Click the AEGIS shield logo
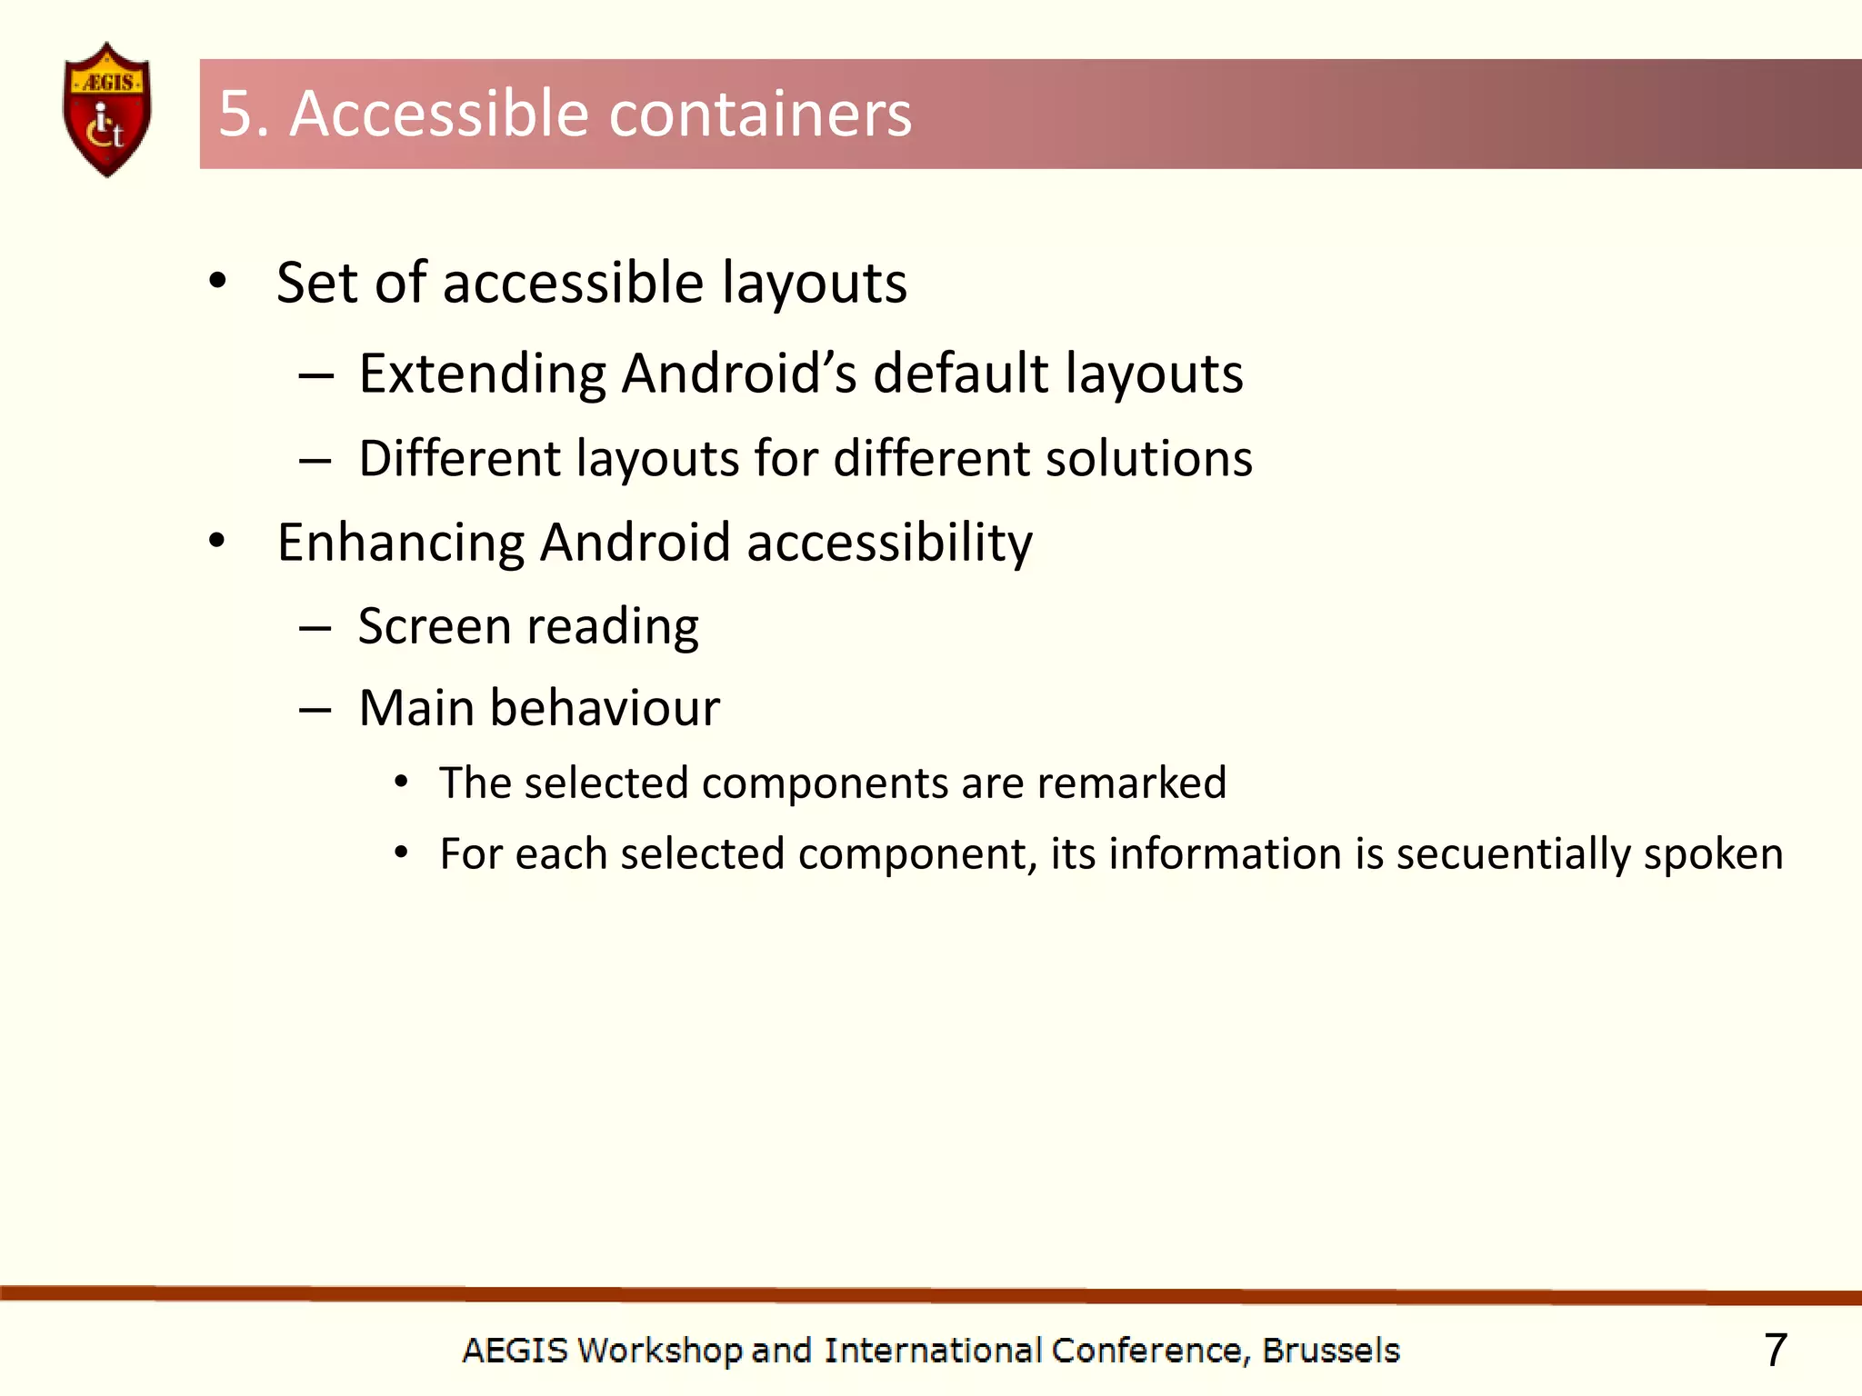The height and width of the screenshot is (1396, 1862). [x=107, y=109]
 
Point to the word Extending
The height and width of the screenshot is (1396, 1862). [x=482, y=374]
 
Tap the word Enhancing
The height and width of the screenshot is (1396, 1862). [x=400, y=543]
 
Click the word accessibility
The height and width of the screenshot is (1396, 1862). [x=889, y=543]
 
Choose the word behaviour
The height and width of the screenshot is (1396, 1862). [x=605, y=708]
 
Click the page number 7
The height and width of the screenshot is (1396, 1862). [x=1775, y=1351]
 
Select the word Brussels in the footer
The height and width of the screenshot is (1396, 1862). [x=1331, y=1351]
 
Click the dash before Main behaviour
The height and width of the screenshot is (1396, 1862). [x=315, y=710]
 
